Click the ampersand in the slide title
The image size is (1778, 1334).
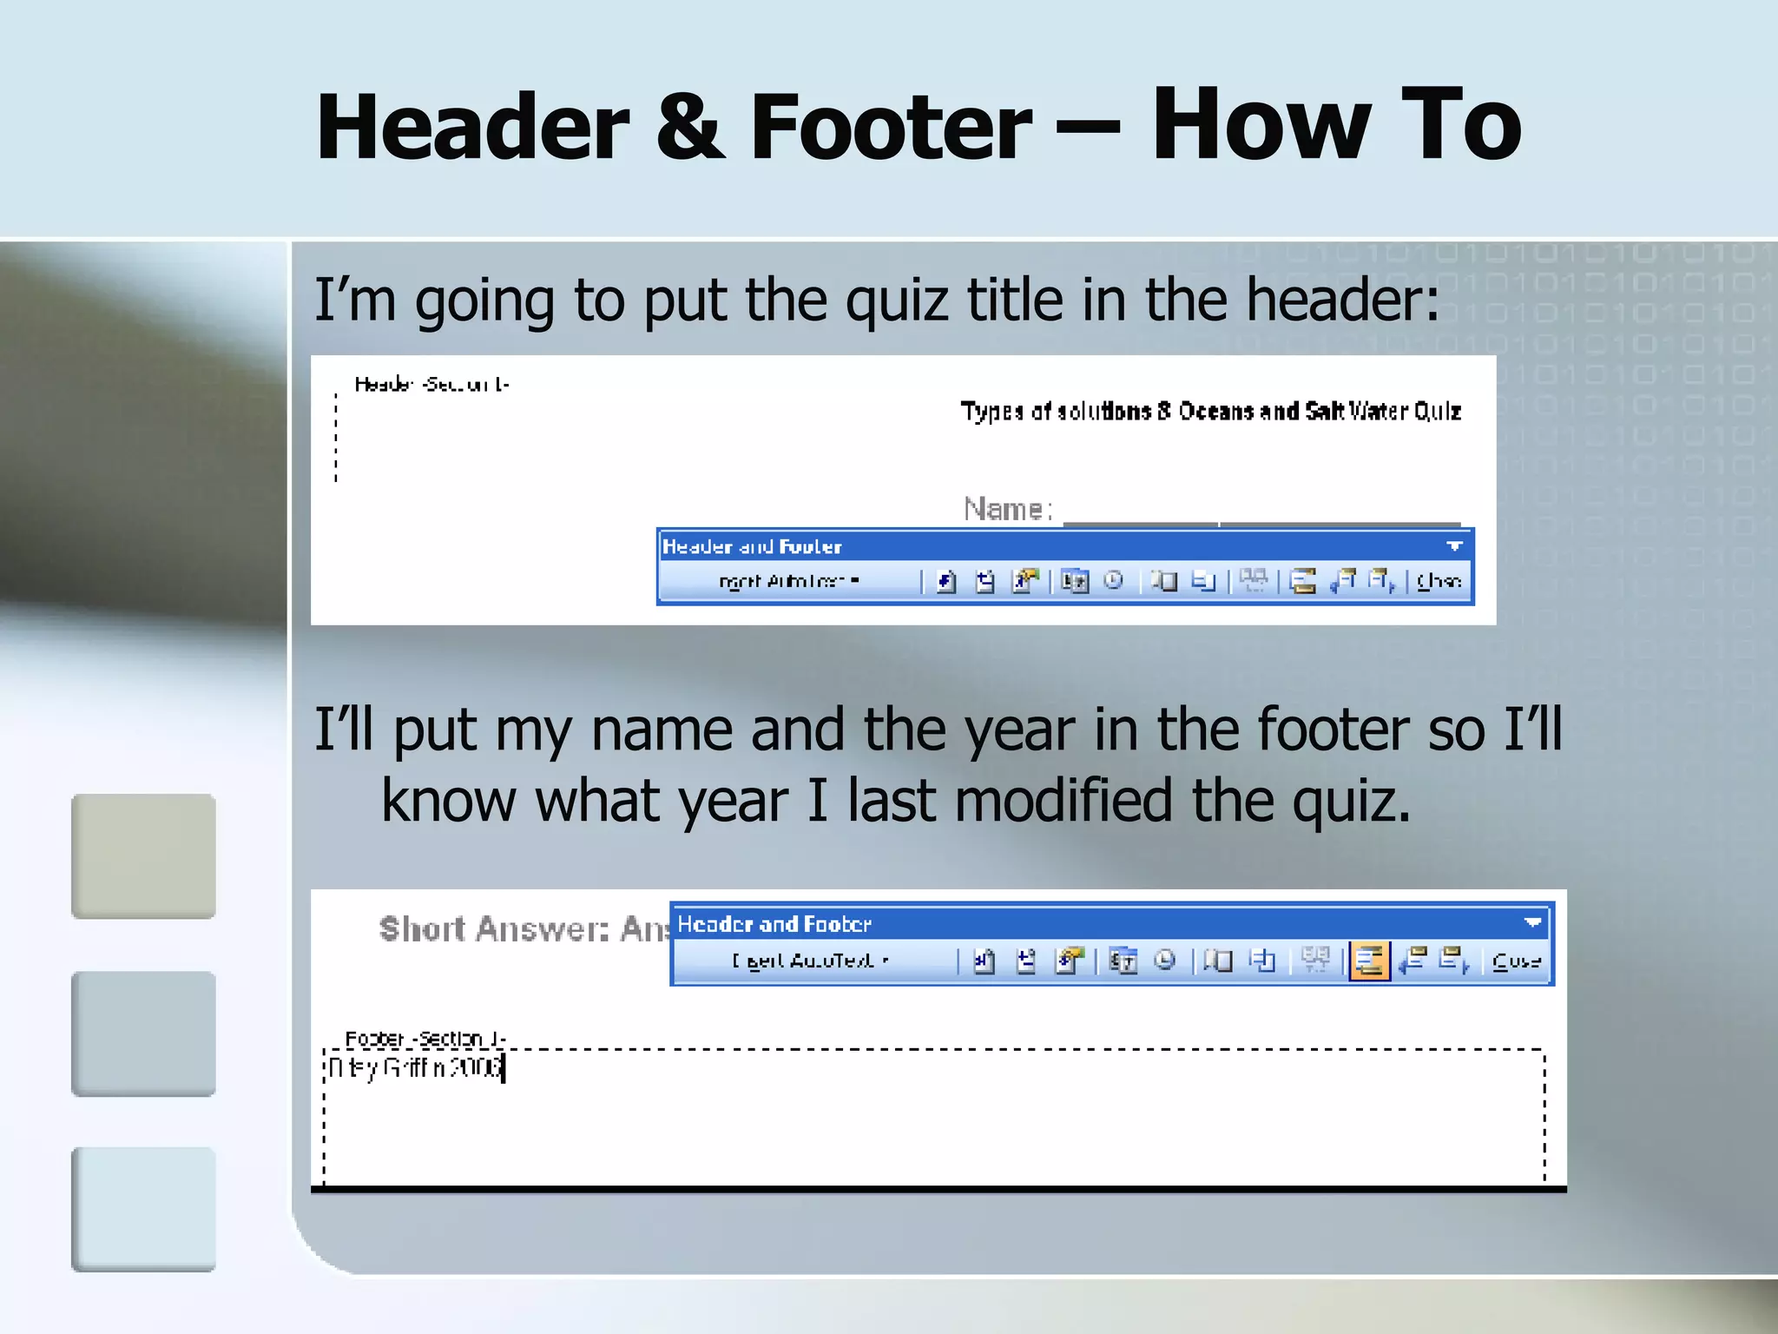[x=689, y=128]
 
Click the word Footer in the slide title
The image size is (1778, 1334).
[x=890, y=128]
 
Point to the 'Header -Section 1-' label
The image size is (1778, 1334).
[x=431, y=384]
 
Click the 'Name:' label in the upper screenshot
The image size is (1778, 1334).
[x=1007, y=509]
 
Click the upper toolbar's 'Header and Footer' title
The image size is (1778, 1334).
[x=752, y=546]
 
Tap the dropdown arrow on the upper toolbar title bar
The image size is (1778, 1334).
[x=1455, y=546]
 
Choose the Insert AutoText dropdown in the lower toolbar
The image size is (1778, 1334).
[x=811, y=961]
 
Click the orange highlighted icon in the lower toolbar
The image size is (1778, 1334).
[x=1369, y=961]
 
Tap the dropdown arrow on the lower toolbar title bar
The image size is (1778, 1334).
[x=1532, y=922]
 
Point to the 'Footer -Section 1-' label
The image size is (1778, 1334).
[x=425, y=1039]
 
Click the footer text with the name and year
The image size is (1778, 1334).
[x=415, y=1067]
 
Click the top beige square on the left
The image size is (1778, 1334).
[x=143, y=856]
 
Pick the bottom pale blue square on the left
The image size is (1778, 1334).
[x=143, y=1209]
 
